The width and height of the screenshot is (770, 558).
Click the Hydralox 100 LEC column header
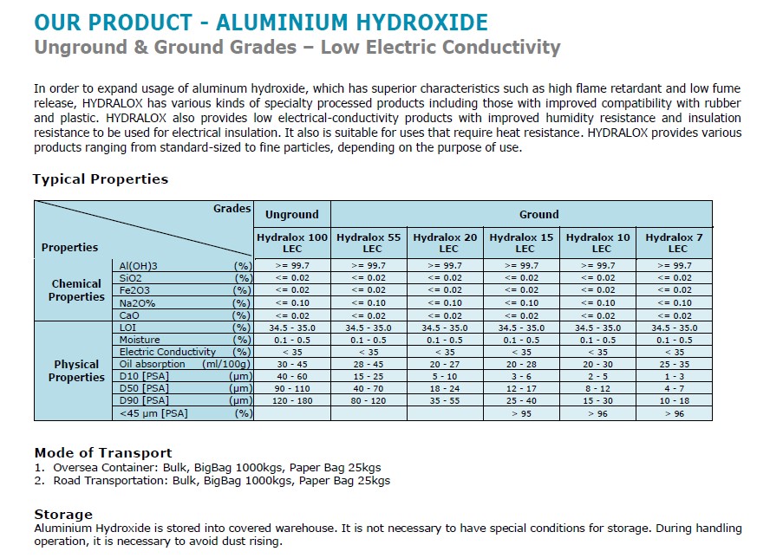coord(292,243)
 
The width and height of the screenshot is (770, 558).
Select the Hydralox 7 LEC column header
coord(674,243)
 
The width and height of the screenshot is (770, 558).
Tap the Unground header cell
coord(292,214)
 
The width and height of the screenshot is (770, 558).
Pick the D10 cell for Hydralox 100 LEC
coord(292,377)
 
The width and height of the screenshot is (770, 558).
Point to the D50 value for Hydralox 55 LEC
coord(369,389)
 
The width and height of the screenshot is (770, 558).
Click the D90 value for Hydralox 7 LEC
coord(674,401)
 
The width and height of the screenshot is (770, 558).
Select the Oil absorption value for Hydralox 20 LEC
coord(445,365)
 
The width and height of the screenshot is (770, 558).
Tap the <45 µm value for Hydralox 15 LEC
coord(521,414)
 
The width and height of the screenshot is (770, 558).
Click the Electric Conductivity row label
coord(168,353)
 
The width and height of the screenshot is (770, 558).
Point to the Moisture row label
coord(140,341)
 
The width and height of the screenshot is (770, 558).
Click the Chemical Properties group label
coord(76,290)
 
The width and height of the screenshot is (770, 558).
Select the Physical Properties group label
coord(76,371)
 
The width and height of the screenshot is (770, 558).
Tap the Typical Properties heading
coord(101,179)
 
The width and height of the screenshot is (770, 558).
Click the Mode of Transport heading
coord(103,452)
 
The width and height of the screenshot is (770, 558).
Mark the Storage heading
coord(63,515)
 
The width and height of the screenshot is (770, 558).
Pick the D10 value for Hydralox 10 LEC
coord(597,377)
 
